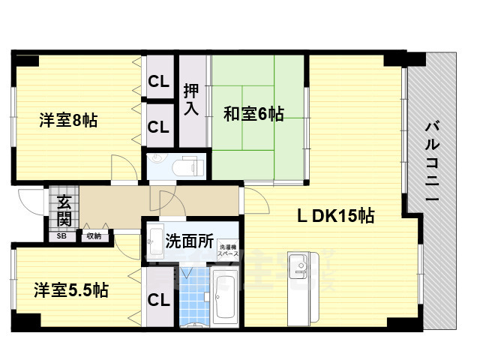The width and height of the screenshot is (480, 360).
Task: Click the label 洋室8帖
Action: pos(67,119)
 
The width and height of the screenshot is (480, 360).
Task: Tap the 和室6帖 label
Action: pos(253,114)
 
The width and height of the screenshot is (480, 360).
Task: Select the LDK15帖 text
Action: pos(337,217)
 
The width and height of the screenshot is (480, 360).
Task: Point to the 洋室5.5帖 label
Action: pos(70,289)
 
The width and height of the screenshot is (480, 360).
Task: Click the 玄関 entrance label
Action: pos(64,211)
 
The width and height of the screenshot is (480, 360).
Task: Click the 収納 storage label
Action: pos(93,235)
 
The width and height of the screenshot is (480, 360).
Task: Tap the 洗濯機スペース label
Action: pos(227,250)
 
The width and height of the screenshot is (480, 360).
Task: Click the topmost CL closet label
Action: pos(157,81)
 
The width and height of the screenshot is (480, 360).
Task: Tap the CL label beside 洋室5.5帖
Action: pos(157,300)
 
